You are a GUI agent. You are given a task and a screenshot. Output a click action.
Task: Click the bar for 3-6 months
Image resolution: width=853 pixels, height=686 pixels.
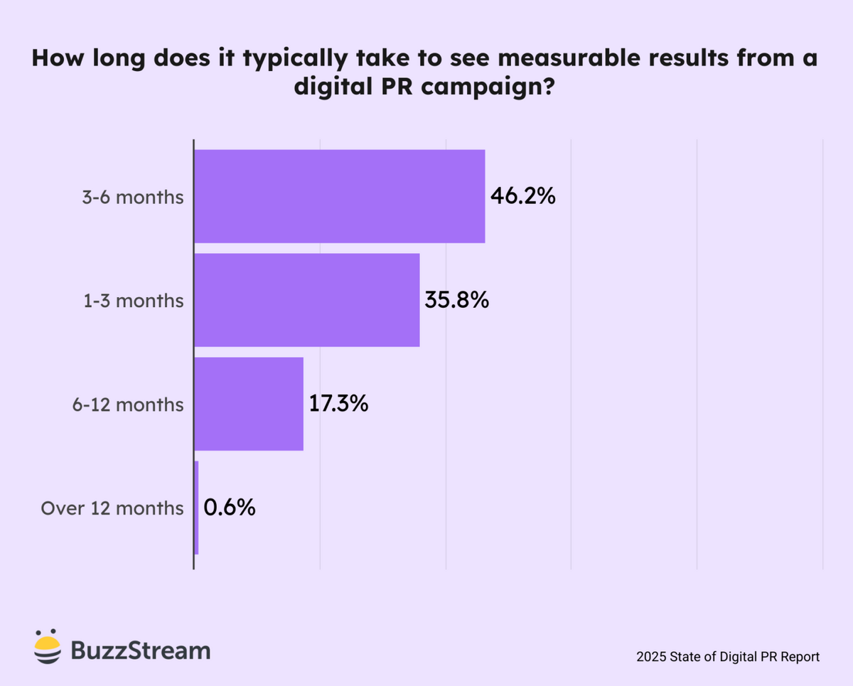pyautogui.click(x=339, y=196)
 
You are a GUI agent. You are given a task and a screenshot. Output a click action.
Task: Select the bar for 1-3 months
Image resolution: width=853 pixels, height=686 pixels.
pyautogui.click(x=306, y=300)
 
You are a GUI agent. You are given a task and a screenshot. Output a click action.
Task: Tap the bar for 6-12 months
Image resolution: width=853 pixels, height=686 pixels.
pyautogui.click(x=248, y=404)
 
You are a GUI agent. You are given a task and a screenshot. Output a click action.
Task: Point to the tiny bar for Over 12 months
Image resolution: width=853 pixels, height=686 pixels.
pyautogui.click(x=196, y=508)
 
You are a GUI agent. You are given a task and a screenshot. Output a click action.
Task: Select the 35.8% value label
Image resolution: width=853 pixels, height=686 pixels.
pyautogui.click(x=457, y=300)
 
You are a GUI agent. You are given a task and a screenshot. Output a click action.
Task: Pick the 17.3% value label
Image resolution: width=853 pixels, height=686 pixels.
pyautogui.click(x=338, y=404)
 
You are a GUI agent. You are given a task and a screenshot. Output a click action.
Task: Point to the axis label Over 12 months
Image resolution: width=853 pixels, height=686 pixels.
pyautogui.click(x=112, y=508)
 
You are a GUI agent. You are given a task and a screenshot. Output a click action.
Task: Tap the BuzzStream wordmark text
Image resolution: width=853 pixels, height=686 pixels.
pyautogui.click(x=141, y=650)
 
